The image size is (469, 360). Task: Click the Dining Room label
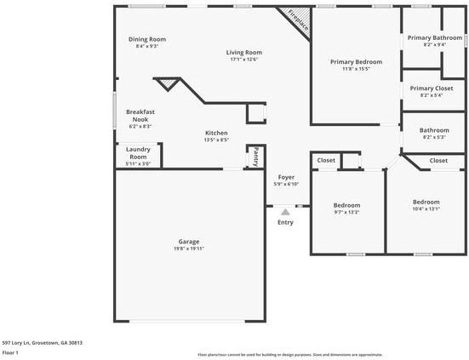click(146, 39)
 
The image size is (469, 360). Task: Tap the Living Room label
click(244, 53)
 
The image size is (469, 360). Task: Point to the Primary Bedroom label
click(356, 62)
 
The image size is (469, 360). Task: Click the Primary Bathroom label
click(434, 37)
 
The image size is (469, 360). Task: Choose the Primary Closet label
click(432, 89)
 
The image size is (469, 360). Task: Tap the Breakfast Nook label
click(140, 116)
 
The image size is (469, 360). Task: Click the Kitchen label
click(216, 134)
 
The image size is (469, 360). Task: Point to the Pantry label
click(254, 156)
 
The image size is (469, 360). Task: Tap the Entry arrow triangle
click(285, 212)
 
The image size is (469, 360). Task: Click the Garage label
click(188, 241)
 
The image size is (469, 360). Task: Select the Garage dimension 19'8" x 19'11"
click(188, 249)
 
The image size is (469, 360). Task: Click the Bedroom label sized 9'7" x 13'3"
click(346, 205)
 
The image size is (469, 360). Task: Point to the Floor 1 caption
click(10, 351)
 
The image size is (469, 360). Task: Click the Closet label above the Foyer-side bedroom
click(326, 160)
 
